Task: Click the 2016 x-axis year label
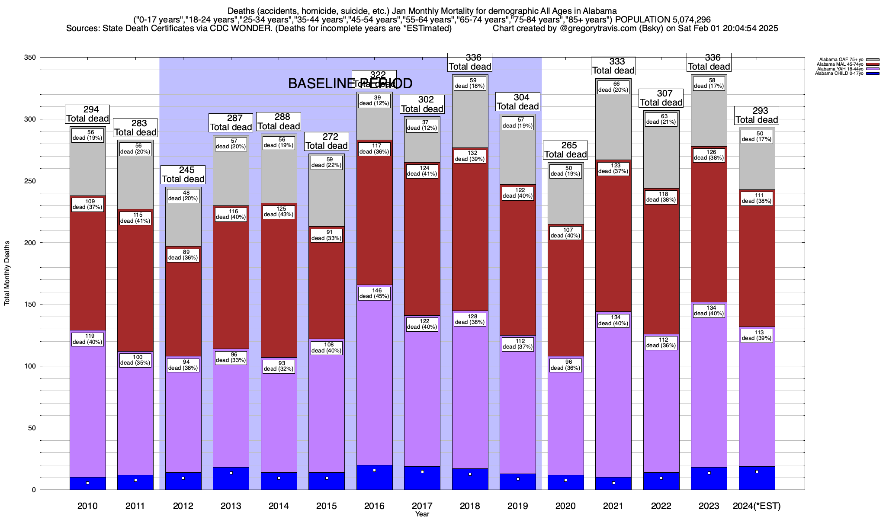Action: [x=374, y=506]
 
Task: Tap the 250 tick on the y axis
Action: [x=31, y=181]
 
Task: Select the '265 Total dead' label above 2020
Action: [x=565, y=150]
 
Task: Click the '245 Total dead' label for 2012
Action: [x=183, y=174]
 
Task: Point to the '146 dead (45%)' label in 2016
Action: [x=374, y=293]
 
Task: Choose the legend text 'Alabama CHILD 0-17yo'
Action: [x=839, y=74]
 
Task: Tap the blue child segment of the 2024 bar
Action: [x=757, y=478]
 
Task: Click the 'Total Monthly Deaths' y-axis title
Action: [x=7, y=273]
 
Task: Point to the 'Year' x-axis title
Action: [x=422, y=514]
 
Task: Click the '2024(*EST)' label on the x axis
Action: [x=757, y=506]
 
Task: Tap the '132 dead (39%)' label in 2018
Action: [x=470, y=156]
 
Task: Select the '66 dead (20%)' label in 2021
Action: [x=613, y=87]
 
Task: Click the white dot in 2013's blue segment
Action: [x=231, y=473]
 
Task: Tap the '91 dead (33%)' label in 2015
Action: [x=327, y=235]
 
